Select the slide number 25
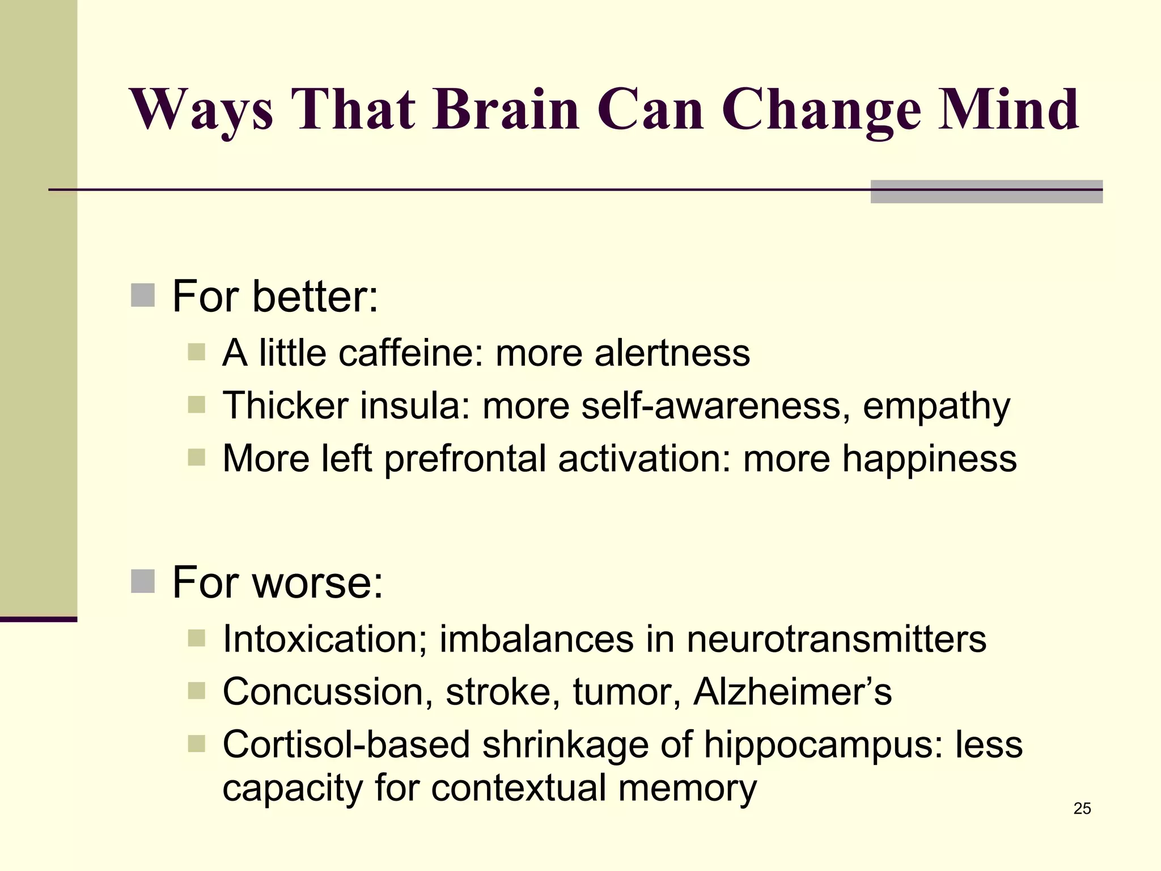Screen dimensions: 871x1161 click(x=1082, y=809)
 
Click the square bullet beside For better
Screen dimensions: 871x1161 click(x=143, y=295)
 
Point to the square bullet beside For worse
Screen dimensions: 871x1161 click(x=143, y=581)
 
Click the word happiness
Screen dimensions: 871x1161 click(x=929, y=459)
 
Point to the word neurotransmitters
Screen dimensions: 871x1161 click(x=836, y=639)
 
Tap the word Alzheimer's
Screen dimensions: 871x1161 click(x=793, y=692)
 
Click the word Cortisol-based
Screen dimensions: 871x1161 click(x=346, y=744)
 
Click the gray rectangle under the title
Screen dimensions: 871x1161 click(x=986, y=192)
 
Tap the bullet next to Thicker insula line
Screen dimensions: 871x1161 click(x=196, y=405)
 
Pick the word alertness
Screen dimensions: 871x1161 click(x=672, y=353)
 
